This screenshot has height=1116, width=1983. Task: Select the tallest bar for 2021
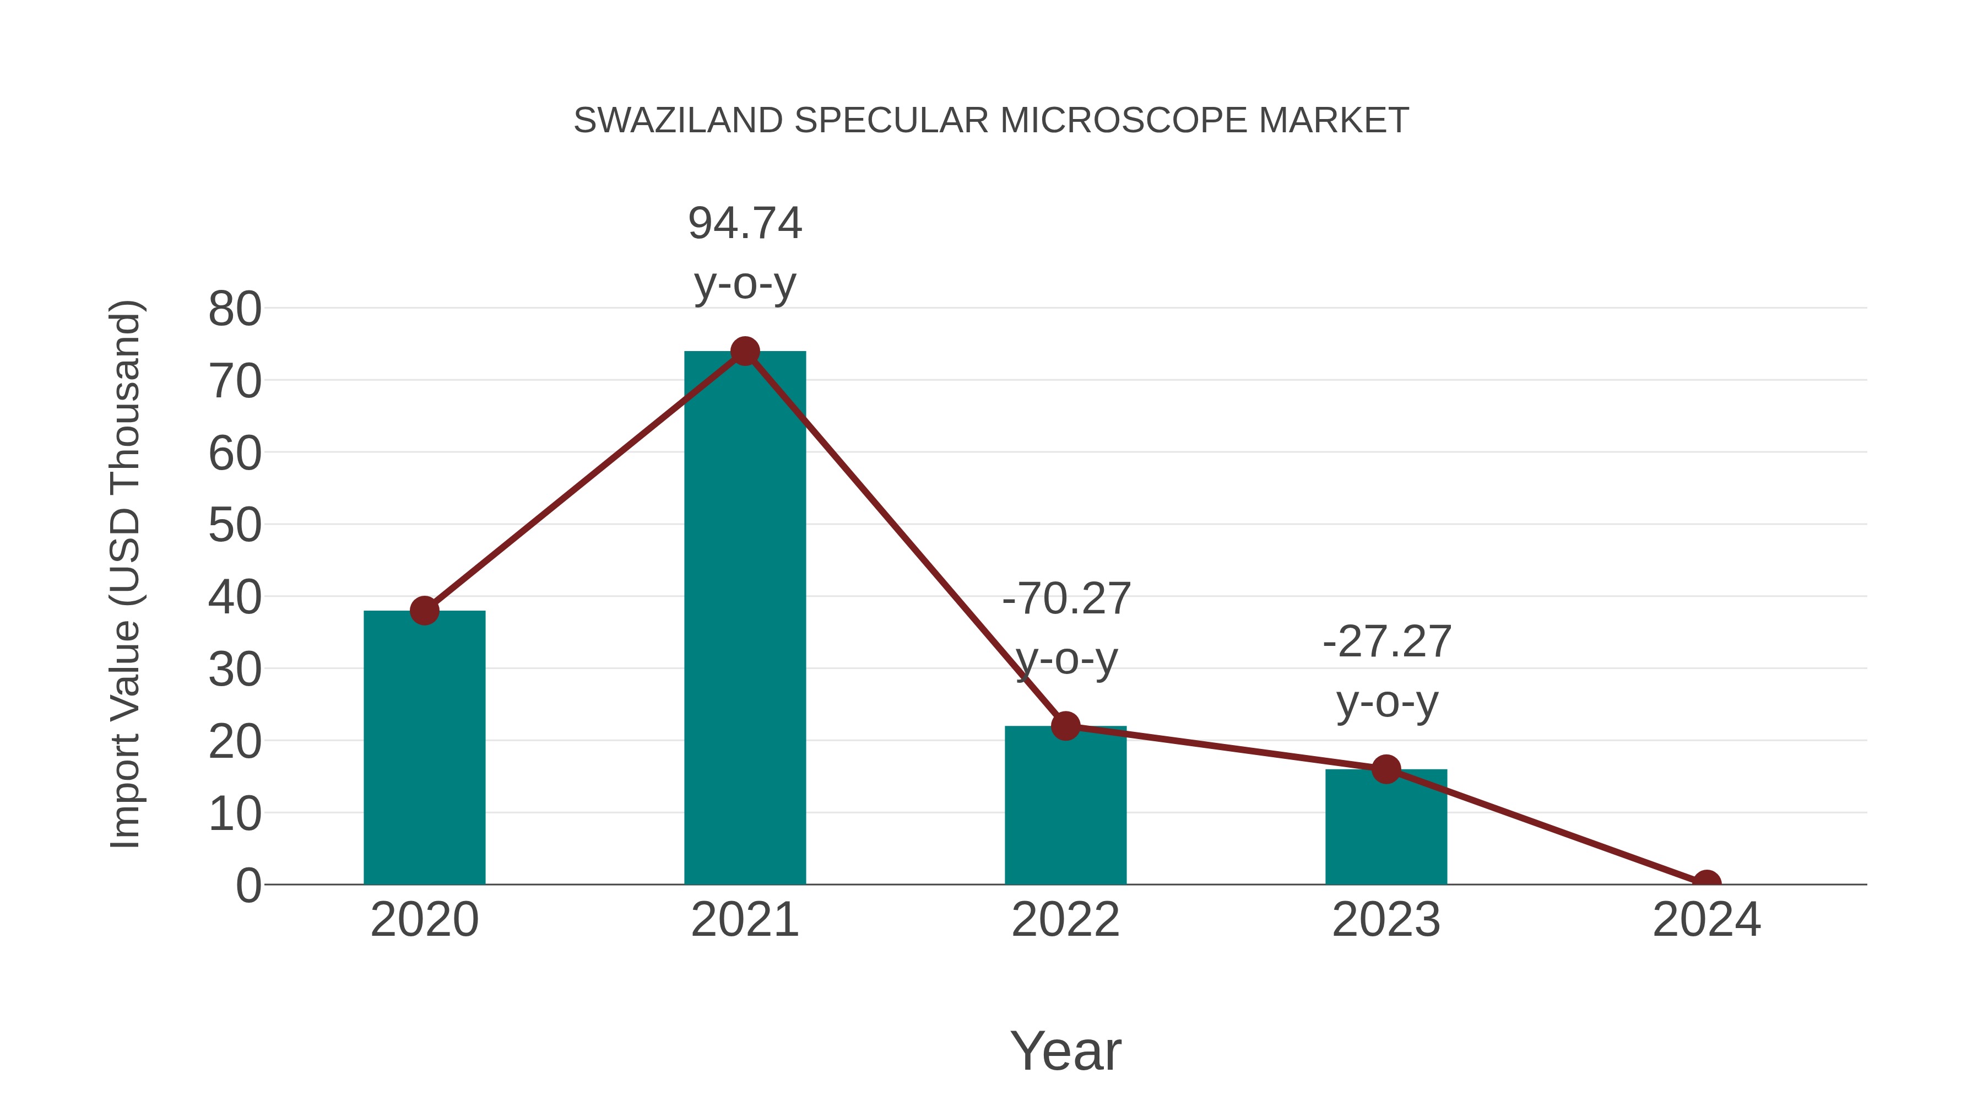coord(744,616)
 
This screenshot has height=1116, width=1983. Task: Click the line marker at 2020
coord(424,611)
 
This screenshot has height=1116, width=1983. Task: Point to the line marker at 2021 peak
coord(744,351)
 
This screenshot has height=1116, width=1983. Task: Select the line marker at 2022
coord(1065,725)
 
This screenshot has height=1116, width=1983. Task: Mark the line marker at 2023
coord(1386,769)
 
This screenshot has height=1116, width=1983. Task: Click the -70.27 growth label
coord(1066,628)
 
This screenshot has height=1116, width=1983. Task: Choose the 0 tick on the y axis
coord(248,885)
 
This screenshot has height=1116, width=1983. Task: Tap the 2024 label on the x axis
coord(1706,920)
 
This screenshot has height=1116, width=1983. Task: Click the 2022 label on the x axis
coord(1065,920)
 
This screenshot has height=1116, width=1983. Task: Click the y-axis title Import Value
coord(124,574)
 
